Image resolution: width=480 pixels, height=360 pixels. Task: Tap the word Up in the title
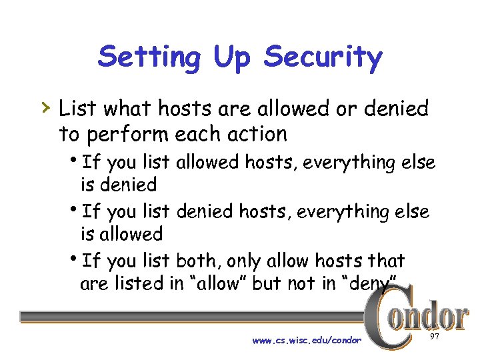coord(231,58)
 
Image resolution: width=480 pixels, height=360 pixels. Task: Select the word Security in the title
coord(323,58)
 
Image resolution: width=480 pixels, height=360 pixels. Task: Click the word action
coord(255,134)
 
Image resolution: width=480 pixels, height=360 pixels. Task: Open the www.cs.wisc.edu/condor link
coord(307,340)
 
